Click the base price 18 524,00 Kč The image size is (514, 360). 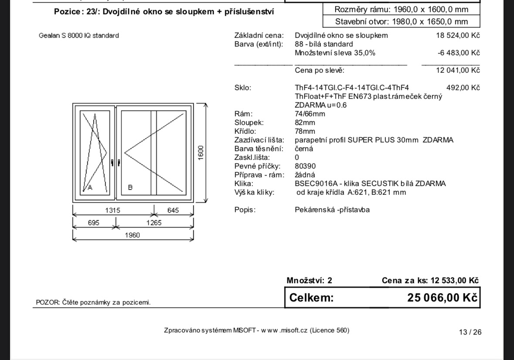458,35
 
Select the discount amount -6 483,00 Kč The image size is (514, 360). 459,53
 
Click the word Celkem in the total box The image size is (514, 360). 312,298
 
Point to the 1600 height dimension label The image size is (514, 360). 201,153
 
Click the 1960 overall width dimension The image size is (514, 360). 133,235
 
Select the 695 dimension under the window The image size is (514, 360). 93,223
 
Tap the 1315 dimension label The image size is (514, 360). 112,211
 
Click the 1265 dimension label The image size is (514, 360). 154,223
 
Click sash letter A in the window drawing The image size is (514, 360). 90,188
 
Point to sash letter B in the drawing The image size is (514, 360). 130,188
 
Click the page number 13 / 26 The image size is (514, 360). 470,332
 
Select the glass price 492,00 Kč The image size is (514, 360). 463,88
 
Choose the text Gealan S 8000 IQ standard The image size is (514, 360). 79,35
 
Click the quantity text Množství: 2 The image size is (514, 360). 309,280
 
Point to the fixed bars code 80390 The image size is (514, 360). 305,166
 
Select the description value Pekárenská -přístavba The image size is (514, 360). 332,210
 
